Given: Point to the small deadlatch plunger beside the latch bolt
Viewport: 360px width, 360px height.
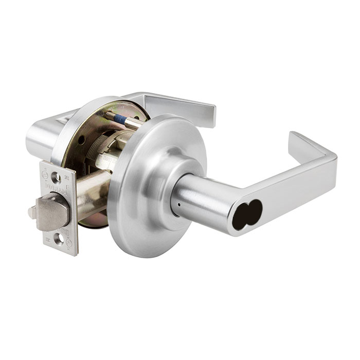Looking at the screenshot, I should pos(33,212).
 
